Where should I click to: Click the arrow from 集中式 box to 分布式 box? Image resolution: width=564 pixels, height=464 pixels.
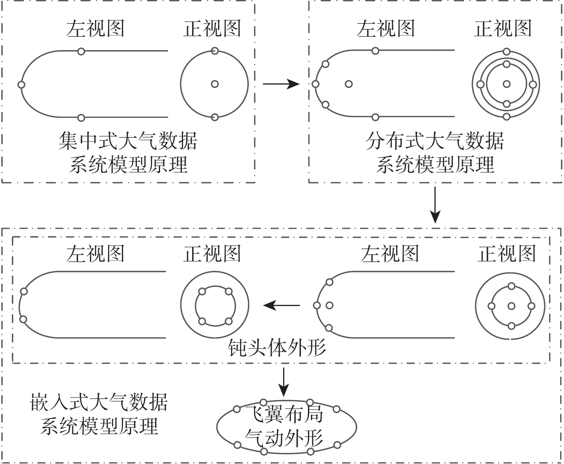281,84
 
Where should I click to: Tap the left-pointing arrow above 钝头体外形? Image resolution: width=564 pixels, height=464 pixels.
282,305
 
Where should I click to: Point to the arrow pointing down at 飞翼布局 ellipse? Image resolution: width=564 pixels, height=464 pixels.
283,382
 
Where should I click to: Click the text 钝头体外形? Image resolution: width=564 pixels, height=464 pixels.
277,348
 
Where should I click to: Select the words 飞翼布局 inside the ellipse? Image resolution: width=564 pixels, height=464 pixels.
284,414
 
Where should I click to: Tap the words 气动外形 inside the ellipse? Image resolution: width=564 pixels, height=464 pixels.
284,438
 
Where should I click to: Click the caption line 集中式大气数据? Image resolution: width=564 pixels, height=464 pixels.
128,141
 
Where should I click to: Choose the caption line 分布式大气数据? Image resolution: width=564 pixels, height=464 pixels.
434,141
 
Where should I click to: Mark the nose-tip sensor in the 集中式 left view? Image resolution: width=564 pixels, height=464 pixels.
21,85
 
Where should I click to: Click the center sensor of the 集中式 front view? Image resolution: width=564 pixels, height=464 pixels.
215,84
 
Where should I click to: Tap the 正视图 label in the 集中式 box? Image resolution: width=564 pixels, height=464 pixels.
212,29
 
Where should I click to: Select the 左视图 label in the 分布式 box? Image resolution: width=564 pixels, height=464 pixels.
386,29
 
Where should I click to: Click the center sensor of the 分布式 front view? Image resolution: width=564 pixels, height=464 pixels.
507,84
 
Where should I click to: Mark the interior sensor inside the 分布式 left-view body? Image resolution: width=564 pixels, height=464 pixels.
348,84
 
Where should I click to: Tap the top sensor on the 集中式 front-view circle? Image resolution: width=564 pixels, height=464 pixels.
215,50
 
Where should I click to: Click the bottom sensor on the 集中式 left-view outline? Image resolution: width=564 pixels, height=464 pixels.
81,117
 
